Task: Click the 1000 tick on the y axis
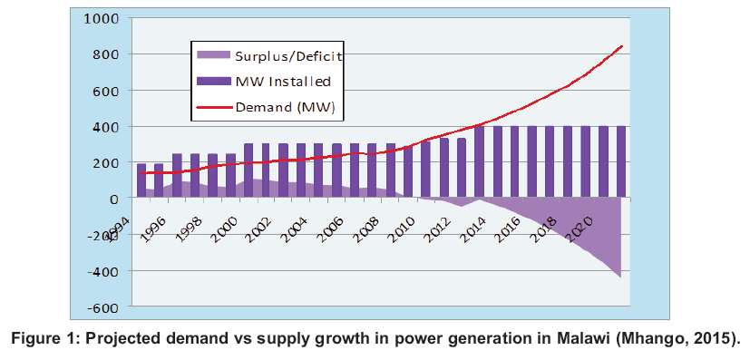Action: (x=103, y=19)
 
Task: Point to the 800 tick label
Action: (x=109, y=55)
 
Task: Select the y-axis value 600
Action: (x=109, y=91)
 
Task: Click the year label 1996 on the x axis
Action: (x=154, y=229)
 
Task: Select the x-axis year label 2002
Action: (x=260, y=229)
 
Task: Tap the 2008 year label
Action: (x=367, y=229)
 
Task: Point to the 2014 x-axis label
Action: (x=473, y=229)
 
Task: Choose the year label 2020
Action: (x=580, y=229)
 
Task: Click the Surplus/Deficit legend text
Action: (x=288, y=56)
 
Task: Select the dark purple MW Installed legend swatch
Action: (x=214, y=82)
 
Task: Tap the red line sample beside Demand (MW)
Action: (x=214, y=107)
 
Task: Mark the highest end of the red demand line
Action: (x=622, y=46)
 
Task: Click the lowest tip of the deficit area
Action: (x=621, y=277)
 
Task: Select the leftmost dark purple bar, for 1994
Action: (x=141, y=180)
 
